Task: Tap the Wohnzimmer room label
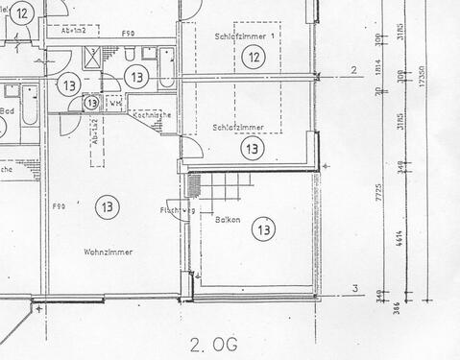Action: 108,252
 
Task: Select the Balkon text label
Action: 227,219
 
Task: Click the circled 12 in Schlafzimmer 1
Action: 252,58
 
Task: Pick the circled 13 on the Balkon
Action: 262,228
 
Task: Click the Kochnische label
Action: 152,114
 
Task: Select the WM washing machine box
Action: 115,103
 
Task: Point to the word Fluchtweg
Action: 179,210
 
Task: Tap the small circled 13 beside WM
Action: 91,102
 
